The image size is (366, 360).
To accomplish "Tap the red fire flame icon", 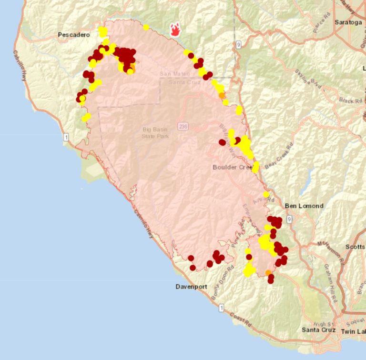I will [176, 30].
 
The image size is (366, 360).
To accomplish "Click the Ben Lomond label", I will [304, 206].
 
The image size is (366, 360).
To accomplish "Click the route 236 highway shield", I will [183, 126].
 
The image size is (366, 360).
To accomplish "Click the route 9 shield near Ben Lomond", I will [290, 219].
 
